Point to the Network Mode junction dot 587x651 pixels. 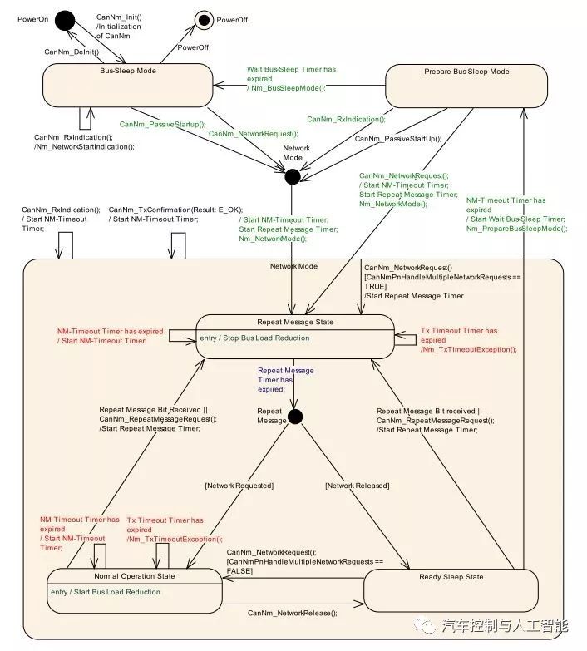(x=292, y=176)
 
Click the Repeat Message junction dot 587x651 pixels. (x=293, y=417)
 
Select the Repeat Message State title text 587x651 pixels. (x=294, y=320)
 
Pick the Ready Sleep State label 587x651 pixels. (x=451, y=576)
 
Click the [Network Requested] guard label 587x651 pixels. (x=239, y=485)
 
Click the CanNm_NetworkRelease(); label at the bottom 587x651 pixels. (x=293, y=613)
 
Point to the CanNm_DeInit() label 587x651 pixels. (x=72, y=52)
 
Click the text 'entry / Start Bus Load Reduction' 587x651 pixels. (x=106, y=592)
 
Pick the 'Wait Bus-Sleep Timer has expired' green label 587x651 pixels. (x=290, y=78)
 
